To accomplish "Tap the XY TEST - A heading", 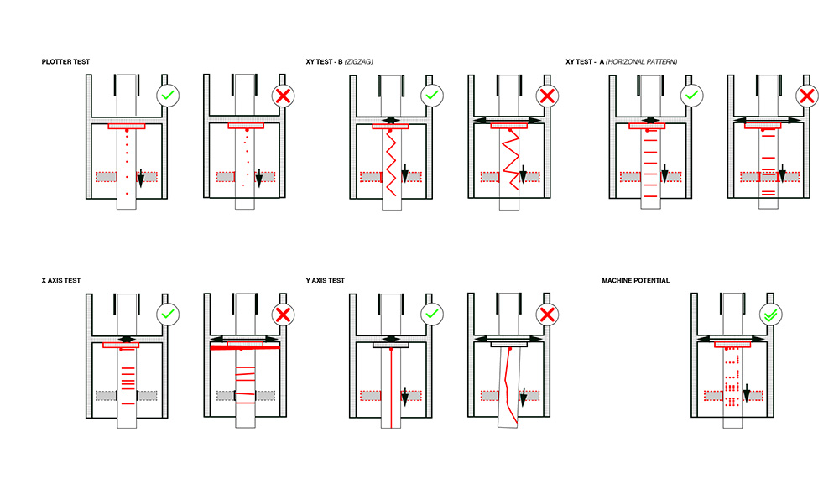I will [621, 61].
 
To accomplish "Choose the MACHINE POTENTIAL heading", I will [635, 280].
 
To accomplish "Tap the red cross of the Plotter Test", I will [285, 96].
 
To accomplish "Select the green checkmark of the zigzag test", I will [431, 96].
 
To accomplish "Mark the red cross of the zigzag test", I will [548, 96].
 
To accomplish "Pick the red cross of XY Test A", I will [807, 96].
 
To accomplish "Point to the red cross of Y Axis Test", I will [548, 315].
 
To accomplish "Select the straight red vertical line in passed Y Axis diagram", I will [393, 386].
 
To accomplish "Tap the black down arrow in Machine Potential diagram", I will [746, 393].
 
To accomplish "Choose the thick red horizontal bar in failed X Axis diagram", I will [244, 346].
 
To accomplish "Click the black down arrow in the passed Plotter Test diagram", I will [141, 176].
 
